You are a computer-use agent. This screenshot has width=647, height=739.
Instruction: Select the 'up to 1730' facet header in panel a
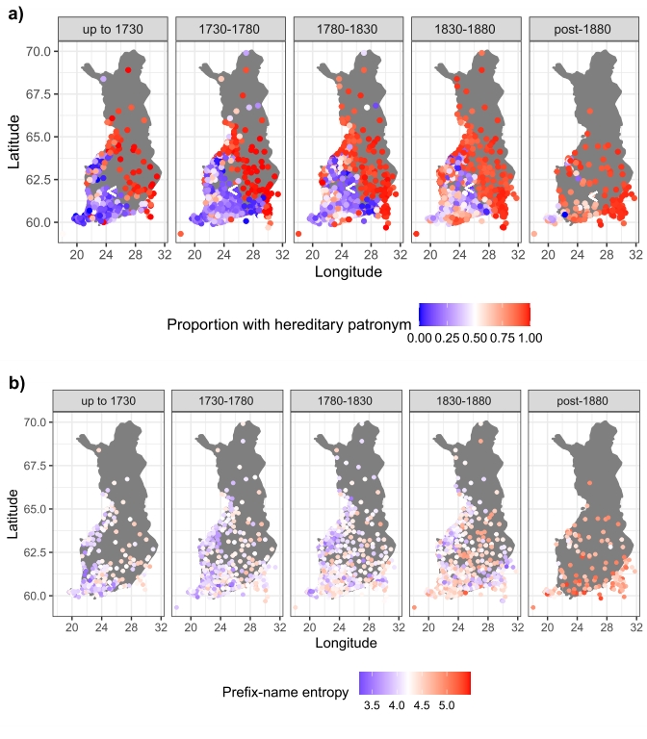(x=113, y=30)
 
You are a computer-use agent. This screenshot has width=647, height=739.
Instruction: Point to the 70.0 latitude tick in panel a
(x=39, y=50)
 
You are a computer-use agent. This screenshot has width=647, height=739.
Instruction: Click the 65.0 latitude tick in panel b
(x=39, y=509)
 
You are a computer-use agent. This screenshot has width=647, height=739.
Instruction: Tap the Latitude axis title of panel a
(x=14, y=140)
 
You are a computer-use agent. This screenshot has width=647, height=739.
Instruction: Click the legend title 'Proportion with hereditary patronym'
(x=290, y=324)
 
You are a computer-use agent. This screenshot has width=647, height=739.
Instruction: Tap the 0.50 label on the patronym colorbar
(x=475, y=337)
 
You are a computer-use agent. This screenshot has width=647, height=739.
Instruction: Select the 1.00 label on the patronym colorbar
(x=529, y=337)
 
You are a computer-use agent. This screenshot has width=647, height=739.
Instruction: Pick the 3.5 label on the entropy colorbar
(x=371, y=705)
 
